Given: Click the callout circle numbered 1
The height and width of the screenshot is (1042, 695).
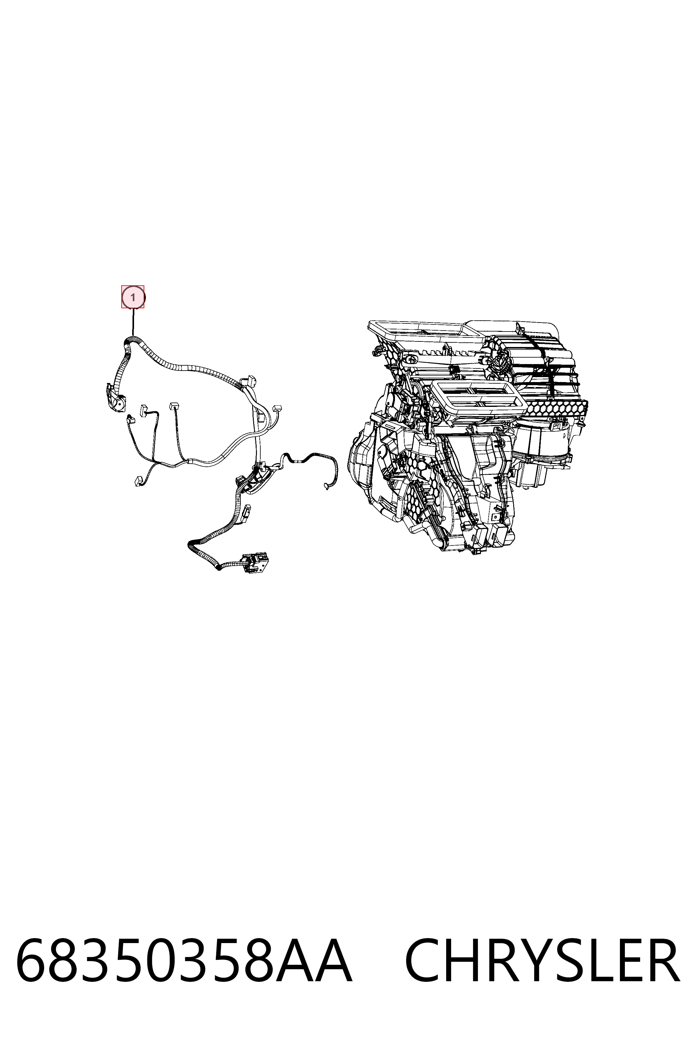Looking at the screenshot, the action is click(133, 297).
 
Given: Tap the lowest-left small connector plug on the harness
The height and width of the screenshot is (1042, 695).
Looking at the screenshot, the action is click(138, 480).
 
